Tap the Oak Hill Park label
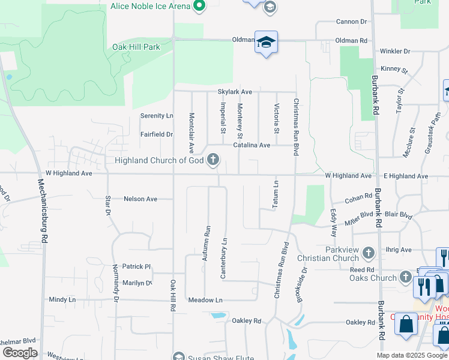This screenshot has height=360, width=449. click(136, 47)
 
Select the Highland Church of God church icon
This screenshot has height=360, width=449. click(213, 160)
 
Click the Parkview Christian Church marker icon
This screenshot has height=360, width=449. click(368, 254)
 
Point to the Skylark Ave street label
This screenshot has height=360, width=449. click(235, 92)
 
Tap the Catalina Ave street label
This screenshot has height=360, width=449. click(252, 145)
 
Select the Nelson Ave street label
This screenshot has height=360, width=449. click(140, 199)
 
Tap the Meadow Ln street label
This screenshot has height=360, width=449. click(205, 300)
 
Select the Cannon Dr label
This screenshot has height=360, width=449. click(351, 22)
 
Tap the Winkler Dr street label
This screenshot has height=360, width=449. click(394, 52)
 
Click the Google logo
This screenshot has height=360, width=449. click(20, 353)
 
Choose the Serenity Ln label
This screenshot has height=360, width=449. click(157, 115)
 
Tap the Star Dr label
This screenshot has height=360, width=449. click(108, 205)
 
